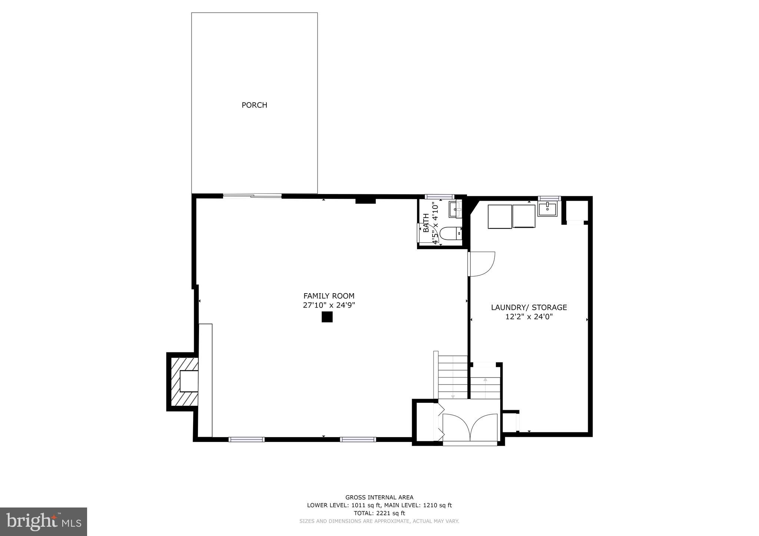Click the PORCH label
coord(254,105)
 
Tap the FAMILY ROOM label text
coord(329,296)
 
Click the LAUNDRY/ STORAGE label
coord(529,307)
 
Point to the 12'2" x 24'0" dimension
coord(529,317)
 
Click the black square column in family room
coord(327,317)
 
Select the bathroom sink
coord(455,210)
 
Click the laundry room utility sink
coord(547,208)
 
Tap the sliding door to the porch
coord(252,196)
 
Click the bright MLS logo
coord(43,522)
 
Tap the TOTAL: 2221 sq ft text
coord(379,513)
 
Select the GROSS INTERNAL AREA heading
coord(379,498)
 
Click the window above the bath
coord(439,197)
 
